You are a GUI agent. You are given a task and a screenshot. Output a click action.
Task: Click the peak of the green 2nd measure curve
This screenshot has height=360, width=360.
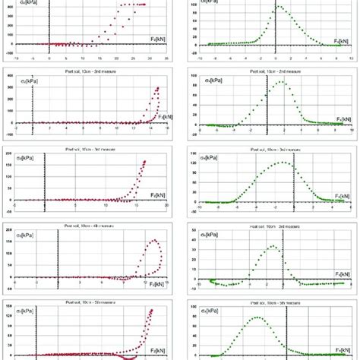(x=282, y=82)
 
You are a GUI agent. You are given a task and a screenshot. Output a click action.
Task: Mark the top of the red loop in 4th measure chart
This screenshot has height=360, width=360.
(x=153, y=241)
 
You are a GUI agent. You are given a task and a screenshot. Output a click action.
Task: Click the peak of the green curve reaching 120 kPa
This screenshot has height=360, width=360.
(x=283, y=162)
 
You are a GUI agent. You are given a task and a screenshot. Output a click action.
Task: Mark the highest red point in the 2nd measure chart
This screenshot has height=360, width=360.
(x=157, y=87)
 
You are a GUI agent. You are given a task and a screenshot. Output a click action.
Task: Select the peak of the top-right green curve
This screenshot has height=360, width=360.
(x=277, y=7)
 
